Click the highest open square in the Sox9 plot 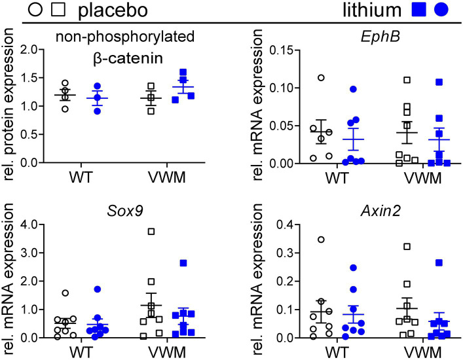tap(151, 231)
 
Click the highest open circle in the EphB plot tap(303, 78)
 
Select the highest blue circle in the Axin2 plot tap(335, 268)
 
